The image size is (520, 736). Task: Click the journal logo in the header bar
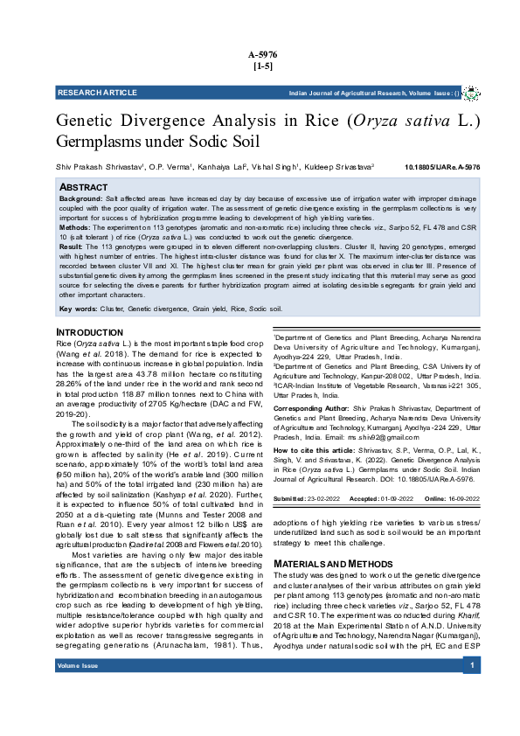click(x=470, y=93)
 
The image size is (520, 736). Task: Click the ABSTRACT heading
click(x=83, y=188)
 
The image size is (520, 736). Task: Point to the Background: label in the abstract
click(x=80, y=199)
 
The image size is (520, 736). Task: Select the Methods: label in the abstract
click(x=75, y=226)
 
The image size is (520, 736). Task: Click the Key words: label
click(x=77, y=309)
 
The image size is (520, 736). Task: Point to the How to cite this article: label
click(x=316, y=448)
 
